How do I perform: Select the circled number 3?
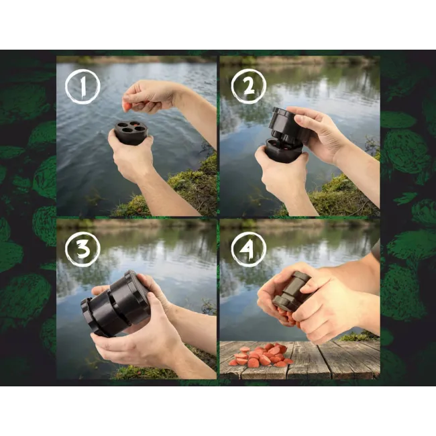83,249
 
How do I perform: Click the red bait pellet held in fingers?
126,105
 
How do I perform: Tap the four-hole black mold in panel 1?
131,131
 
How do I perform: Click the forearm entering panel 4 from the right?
359,288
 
